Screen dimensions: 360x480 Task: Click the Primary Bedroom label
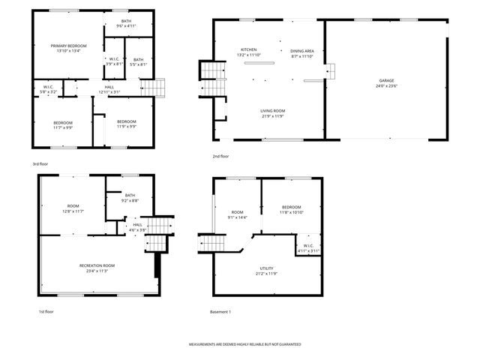pyautogui.click(x=68, y=46)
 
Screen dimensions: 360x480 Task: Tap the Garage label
pyautogui.click(x=386, y=80)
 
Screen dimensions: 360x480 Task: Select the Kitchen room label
pyautogui.click(x=248, y=50)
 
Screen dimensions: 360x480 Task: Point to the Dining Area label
pyautogui.click(x=303, y=50)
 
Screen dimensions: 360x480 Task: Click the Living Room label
pyautogui.click(x=273, y=111)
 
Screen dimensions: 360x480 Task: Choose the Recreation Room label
pyautogui.click(x=97, y=265)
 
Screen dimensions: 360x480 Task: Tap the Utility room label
pyautogui.click(x=266, y=268)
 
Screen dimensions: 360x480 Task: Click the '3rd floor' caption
pyautogui.click(x=40, y=163)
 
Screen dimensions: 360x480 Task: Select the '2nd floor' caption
pyautogui.click(x=220, y=157)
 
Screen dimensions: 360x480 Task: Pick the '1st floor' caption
pyautogui.click(x=46, y=311)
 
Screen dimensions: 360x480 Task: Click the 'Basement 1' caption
pyautogui.click(x=220, y=311)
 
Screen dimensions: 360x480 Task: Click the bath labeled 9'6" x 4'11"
pyautogui.click(x=125, y=25)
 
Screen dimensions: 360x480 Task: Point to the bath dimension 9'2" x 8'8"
pyautogui.click(x=130, y=201)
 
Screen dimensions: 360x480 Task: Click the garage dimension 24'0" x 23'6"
pyautogui.click(x=386, y=85)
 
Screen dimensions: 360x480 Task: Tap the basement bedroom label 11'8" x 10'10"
pyautogui.click(x=291, y=212)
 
